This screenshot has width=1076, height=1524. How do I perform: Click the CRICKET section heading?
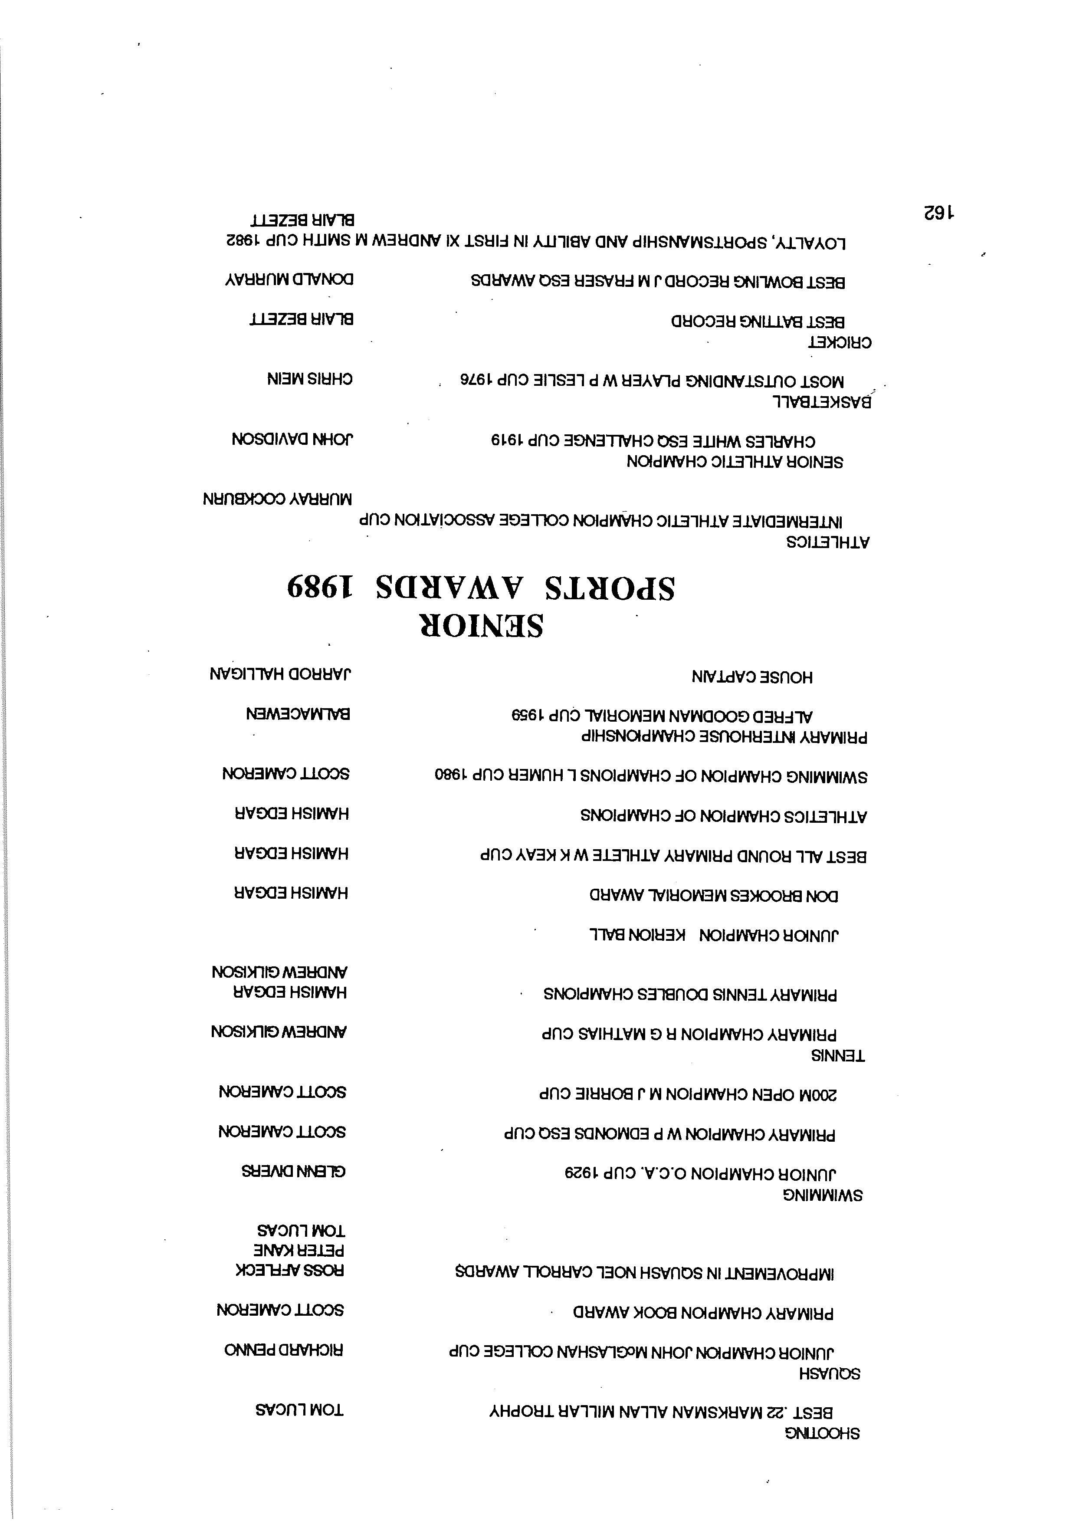click(x=839, y=342)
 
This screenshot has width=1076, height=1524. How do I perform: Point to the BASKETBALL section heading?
click(x=821, y=401)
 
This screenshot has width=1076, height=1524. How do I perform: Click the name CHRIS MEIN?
click(x=309, y=379)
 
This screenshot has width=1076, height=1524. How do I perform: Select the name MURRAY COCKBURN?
click(x=278, y=499)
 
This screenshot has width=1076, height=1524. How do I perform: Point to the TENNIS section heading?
click(x=838, y=1055)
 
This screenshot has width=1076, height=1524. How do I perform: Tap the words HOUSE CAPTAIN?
click(x=751, y=677)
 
